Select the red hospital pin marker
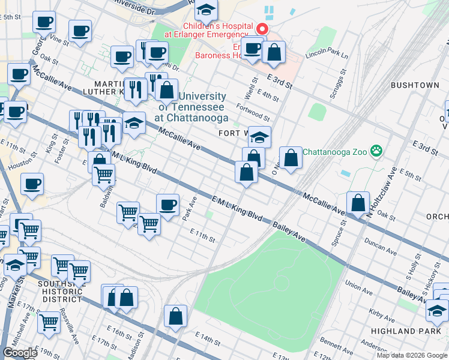coord(262,28)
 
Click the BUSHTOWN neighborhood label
coord(415,85)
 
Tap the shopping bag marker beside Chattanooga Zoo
coord(291,159)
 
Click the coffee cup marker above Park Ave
coord(167,205)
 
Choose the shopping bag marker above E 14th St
coord(175,316)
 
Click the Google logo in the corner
coord(20,353)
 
